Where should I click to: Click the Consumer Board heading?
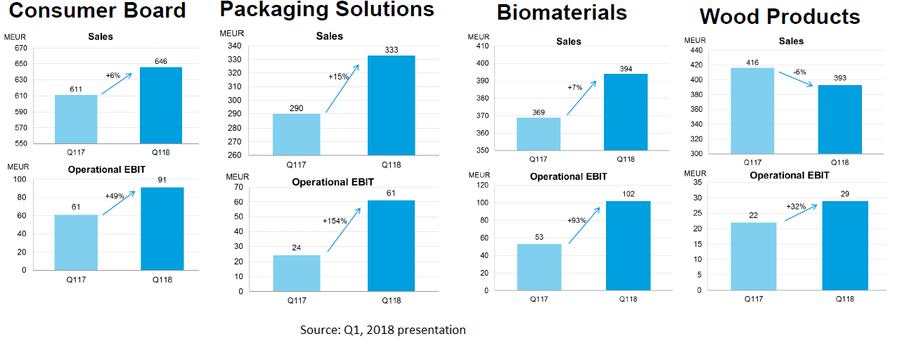[98, 11]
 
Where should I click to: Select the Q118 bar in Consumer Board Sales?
[161, 105]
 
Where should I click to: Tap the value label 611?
[77, 89]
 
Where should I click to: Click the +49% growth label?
[115, 196]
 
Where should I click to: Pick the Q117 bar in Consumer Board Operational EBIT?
[76, 242]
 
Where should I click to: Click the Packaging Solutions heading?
[327, 9]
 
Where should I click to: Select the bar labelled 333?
[391, 105]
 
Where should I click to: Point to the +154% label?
[335, 221]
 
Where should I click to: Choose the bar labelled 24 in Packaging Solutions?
[296, 273]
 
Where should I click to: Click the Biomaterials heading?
[562, 13]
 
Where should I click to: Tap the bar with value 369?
[539, 134]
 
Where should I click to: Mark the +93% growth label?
[577, 220]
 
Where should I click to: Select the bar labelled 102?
[628, 245]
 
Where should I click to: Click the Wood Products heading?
[780, 17]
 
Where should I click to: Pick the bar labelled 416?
[752, 110]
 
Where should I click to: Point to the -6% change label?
[799, 72]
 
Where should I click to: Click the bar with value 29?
[845, 245]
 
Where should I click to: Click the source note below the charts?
[382, 330]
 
